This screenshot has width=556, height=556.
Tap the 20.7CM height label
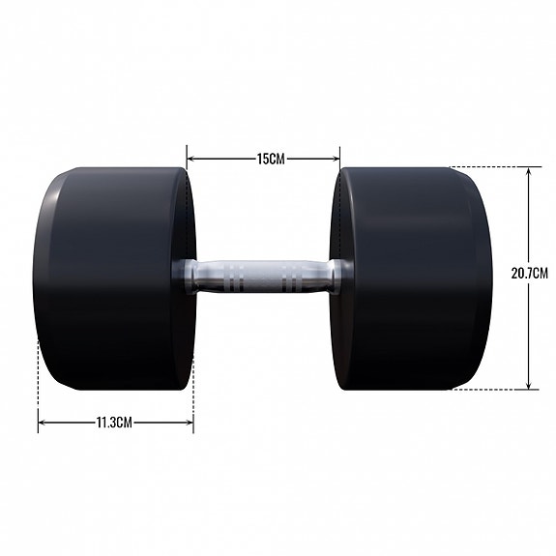[x=529, y=274]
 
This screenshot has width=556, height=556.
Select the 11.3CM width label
[x=114, y=422]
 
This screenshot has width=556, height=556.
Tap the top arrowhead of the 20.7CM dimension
[x=529, y=171]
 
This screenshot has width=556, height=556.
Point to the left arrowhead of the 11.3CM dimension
[x=42, y=422]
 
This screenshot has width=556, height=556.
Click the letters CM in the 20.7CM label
[x=540, y=274]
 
